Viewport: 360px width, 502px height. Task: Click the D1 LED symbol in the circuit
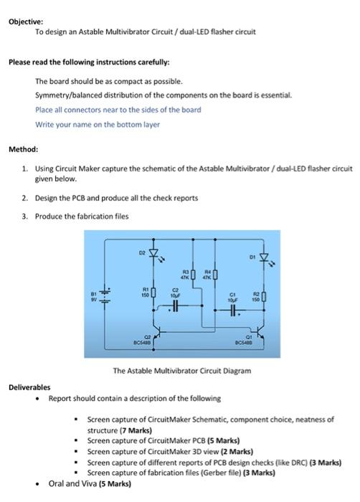(264, 256)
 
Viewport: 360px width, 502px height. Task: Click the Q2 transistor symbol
(159, 336)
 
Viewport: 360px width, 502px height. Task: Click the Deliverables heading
(29, 386)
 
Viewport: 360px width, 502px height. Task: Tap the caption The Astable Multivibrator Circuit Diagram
(181, 371)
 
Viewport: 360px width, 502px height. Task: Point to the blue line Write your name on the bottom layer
(98, 124)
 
